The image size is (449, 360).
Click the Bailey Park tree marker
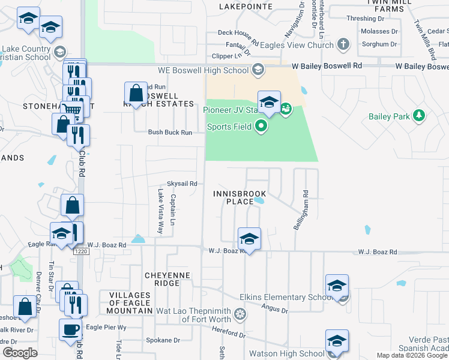pyautogui.click(x=420, y=115)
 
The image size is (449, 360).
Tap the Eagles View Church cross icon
pyautogui.click(x=343, y=45)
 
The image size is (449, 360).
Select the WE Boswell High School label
pyautogui.click(x=210, y=70)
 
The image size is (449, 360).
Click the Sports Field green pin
pyautogui.click(x=261, y=127)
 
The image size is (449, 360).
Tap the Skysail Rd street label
pyautogui.click(x=182, y=184)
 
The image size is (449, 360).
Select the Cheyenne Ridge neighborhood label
pyautogui.click(x=162, y=279)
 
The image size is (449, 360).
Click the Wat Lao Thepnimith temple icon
pyautogui.click(x=240, y=314)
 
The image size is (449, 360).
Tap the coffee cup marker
pyautogui.click(x=71, y=329)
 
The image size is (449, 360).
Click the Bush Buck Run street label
pyautogui.click(x=170, y=132)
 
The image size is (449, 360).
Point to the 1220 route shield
pyautogui.click(x=81, y=252)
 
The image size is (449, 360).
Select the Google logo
pyautogui.click(x=20, y=353)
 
